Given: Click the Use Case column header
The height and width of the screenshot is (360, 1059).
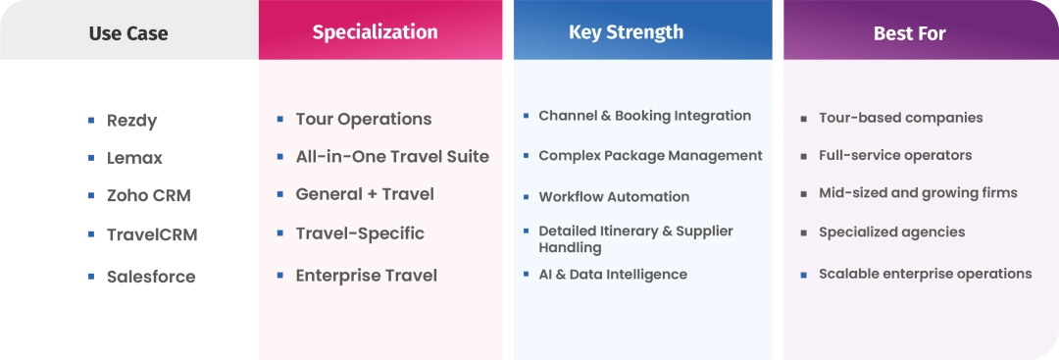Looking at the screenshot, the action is (128, 33).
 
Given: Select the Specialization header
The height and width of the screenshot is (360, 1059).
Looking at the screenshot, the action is (375, 31).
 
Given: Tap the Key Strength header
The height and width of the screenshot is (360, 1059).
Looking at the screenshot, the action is (626, 31).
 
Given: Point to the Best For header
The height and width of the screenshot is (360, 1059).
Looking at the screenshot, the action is (910, 33).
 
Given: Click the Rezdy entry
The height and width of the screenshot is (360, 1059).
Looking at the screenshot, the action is (131, 121).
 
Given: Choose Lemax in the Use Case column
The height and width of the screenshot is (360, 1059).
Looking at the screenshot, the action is (134, 158).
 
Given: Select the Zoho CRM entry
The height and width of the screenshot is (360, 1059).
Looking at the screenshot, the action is (149, 196).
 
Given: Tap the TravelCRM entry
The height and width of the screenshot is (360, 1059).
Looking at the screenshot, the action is (152, 235).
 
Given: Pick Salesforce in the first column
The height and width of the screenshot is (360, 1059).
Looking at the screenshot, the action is (151, 277).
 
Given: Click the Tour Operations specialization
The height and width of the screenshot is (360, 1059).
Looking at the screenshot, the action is (364, 120).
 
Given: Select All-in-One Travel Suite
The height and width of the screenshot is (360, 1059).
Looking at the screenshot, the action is (392, 157).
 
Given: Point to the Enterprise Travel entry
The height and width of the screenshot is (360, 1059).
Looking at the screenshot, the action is (366, 276).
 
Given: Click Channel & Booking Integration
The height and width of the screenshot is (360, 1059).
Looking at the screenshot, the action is (644, 116).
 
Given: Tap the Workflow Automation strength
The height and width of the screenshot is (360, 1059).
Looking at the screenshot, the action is (614, 197).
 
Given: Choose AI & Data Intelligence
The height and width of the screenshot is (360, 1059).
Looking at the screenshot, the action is (613, 275).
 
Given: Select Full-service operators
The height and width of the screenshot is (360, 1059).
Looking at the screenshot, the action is (895, 155).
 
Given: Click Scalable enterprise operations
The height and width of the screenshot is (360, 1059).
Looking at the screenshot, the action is (926, 274).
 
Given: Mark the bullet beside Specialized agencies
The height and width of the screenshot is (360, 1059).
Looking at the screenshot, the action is (804, 233).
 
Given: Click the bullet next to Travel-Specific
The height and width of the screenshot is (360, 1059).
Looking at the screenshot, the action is (280, 233).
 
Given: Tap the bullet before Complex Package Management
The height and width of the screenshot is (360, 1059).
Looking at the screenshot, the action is (527, 155).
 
